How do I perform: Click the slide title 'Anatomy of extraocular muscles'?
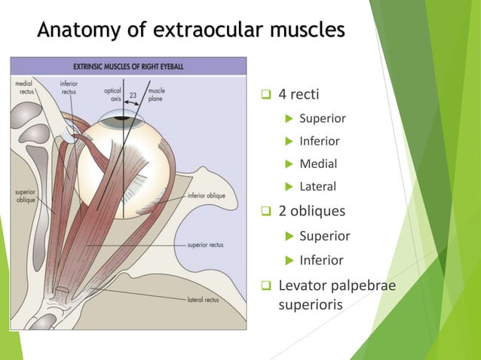[191, 31]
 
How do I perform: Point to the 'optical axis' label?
[112, 94]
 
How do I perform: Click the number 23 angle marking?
[132, 95]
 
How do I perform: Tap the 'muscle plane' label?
[158, 94]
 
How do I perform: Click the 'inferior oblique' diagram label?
[206, 195]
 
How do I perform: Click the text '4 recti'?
[299, 95]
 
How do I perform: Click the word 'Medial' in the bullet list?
[317, 163]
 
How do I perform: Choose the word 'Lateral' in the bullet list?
[318, 186]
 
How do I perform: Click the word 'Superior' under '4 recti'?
[322, 118]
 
